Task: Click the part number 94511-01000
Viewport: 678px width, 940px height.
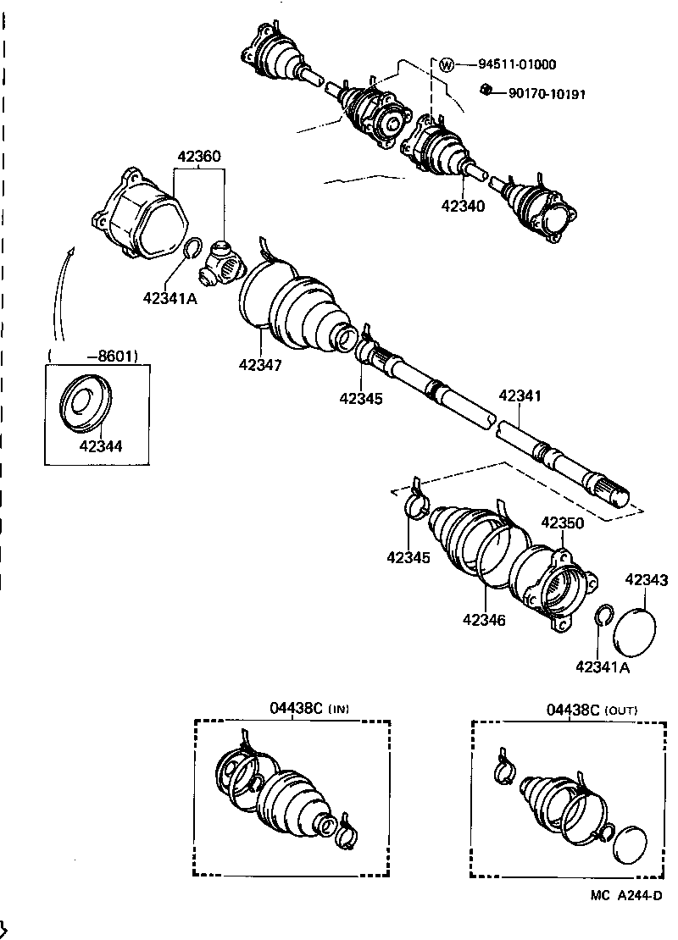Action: (517, 64)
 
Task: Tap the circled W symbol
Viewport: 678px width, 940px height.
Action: (447, 64)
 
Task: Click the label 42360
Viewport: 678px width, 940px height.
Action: (199, 157)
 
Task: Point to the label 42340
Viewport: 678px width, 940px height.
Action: (463, 206)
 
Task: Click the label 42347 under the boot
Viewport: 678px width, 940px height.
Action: (260, 365)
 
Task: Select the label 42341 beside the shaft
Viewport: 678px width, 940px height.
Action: (520, 395)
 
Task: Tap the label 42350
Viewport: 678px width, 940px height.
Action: (562, 523)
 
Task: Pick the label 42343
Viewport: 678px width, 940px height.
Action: (647, 580)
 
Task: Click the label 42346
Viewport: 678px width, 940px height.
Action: (484, 621)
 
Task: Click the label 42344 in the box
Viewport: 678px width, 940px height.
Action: (101, 445)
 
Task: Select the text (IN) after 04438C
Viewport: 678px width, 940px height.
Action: (338, 709)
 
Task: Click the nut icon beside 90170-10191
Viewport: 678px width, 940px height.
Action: (486, 89)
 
